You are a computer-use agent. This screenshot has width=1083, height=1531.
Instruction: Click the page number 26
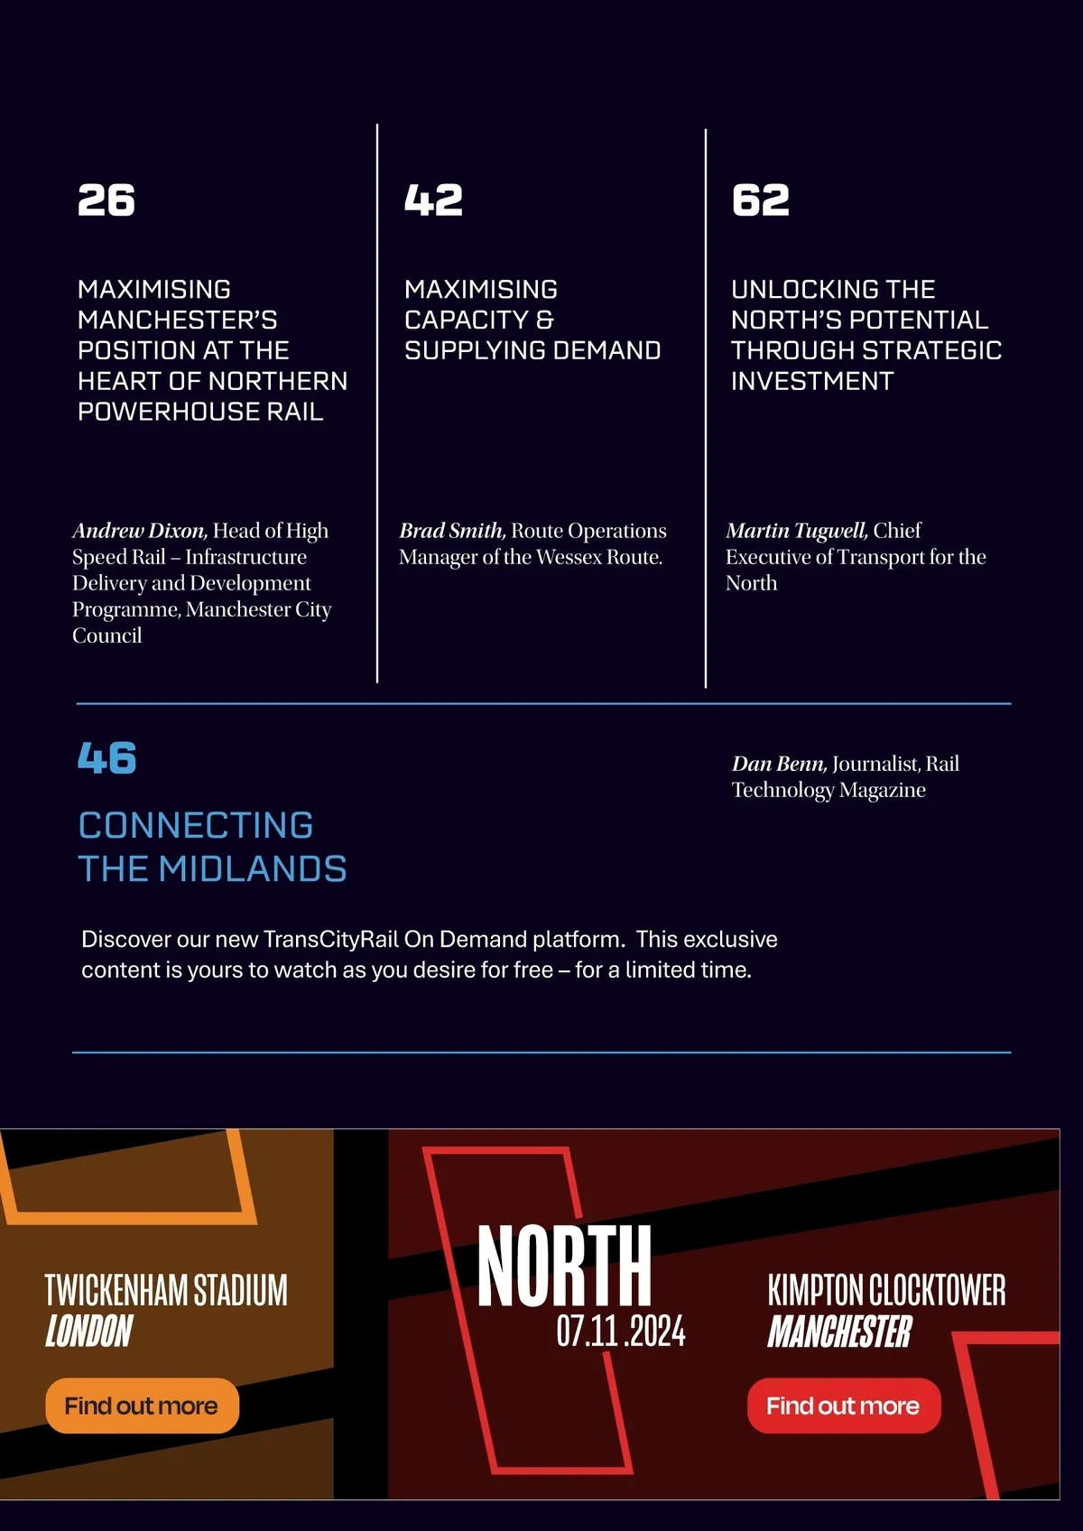[x=106, y=200]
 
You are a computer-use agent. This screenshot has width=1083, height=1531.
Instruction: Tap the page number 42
[x=433, y=200]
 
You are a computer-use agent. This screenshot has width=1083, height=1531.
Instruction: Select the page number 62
[x=760, y=200]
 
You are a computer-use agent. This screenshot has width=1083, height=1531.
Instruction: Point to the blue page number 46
[x=106, y=758]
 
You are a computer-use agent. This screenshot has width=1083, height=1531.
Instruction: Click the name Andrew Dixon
[x=140, y=531]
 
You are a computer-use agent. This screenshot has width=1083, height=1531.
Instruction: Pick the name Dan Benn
[x=779, y=764]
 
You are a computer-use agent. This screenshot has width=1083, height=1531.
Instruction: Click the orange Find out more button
[x=142, y=1406]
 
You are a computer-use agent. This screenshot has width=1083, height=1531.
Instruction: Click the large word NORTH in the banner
[x=564, y=1266]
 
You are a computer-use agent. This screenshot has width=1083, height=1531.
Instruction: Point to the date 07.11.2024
[x=621, y=1332]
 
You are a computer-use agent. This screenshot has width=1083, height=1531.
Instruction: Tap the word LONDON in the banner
[x=88, y=1332]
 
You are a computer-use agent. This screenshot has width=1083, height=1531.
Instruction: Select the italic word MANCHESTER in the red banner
[x=839, y=1332]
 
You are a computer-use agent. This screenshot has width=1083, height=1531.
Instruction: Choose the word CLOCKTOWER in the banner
[x=938, y=1291]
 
